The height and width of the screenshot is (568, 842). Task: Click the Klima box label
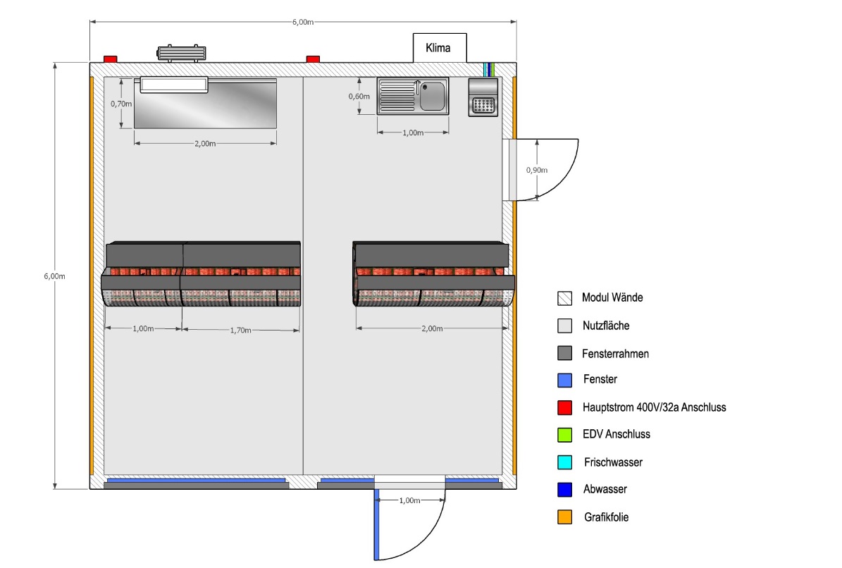click(x=438, y=48)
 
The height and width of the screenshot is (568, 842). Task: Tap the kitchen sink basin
click(x=433, y=96)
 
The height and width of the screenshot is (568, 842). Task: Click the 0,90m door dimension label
click(x=536, y=170)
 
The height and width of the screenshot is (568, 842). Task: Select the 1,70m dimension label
click(x=240, y=331)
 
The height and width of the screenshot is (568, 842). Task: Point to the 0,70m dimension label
click(x=120, y=104)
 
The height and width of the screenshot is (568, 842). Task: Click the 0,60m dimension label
click(x=359, y=97)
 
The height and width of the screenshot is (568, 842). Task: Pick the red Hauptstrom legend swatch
click(x=564, y=407)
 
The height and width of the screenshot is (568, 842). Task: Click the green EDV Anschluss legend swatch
click(x=564, y=434)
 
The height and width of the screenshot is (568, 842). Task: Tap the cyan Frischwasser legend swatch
click(x=564, y=462)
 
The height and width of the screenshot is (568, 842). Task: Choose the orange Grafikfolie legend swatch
click(x=564, y=517)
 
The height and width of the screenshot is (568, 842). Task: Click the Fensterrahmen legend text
click(x=615, y=354)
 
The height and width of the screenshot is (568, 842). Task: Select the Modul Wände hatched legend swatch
click(x=564, y=298)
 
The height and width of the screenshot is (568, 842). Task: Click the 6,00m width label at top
click(x=303, y=22)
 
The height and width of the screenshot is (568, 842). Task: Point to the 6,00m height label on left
click(x=54, y=276)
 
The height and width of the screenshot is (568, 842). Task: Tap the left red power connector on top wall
click(x=110, y=59)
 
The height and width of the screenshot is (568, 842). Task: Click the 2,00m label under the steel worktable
click(x=205, y=143)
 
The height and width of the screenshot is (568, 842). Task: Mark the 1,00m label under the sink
click(x=413, y=132)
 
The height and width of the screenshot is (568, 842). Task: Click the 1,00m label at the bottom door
click(x=409, y=500)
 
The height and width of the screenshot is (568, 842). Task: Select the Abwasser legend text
click(x=605, y=489)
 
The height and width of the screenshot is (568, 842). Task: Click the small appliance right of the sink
click(x=483, y=97)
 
